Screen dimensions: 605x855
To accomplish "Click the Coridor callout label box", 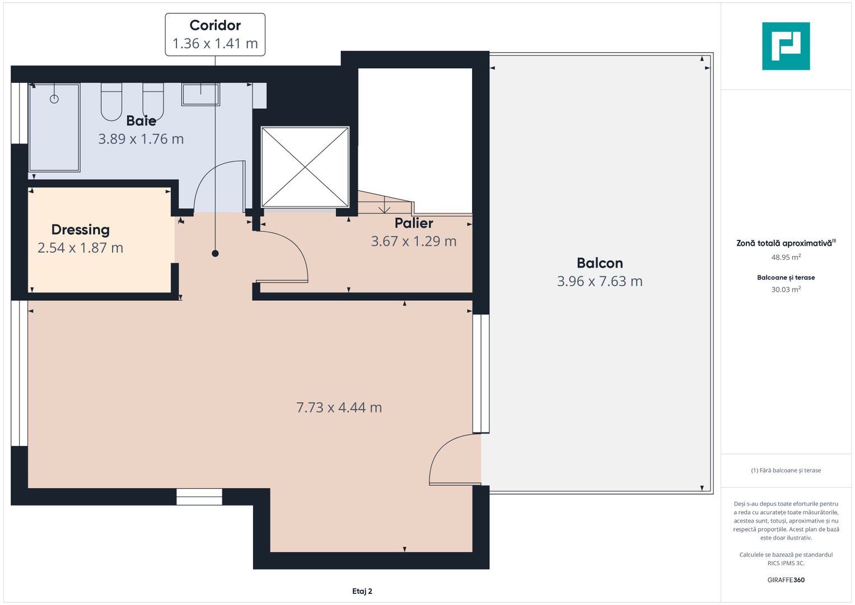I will coord(215,35).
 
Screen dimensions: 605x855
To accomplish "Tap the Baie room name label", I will coord(141,120).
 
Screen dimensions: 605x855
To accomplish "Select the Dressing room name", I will coord(80,230).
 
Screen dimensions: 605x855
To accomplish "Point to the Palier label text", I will coord(414,223).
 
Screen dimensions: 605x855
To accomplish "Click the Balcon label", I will coord(600,263).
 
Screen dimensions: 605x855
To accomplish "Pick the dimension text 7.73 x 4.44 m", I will coord(339,407).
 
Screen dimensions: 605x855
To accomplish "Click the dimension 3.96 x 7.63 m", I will coord(600,281).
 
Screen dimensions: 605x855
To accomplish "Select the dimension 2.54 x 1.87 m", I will coord(80,248).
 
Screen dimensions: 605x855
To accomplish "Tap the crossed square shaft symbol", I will coord(305,167).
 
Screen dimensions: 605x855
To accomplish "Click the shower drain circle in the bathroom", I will coord(54,99).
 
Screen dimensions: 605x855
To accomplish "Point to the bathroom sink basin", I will coord(200,94).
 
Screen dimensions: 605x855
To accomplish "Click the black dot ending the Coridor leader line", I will coord(215,254).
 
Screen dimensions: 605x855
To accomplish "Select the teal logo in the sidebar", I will coord(786,46).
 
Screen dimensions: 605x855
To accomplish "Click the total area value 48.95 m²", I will coord(786,257).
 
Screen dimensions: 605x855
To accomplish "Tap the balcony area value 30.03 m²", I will coord(786,290).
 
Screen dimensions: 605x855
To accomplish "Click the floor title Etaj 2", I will coord(362,591).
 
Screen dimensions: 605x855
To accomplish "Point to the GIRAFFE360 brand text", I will coord(786,580).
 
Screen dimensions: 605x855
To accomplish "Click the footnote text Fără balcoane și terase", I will coord(786,471).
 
